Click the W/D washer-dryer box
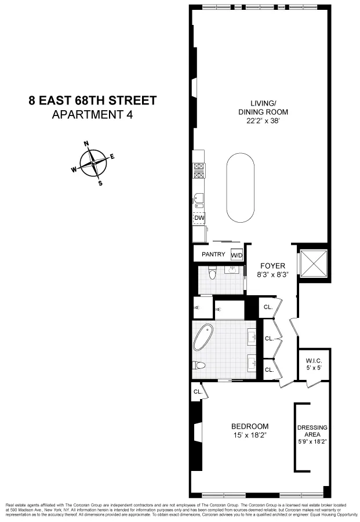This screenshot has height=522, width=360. pos(237,255)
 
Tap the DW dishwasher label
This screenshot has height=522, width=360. pos(200,218)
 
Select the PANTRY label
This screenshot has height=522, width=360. pos(213,255)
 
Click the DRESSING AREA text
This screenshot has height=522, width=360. pos(312,432)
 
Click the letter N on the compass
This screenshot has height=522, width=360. pos(86,144)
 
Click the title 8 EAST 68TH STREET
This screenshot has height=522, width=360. pos(93,100)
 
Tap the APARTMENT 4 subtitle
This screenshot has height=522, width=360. pos(93,114)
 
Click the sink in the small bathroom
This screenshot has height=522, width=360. pos(234,271)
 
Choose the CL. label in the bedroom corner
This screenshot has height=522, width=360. pos(197,392)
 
